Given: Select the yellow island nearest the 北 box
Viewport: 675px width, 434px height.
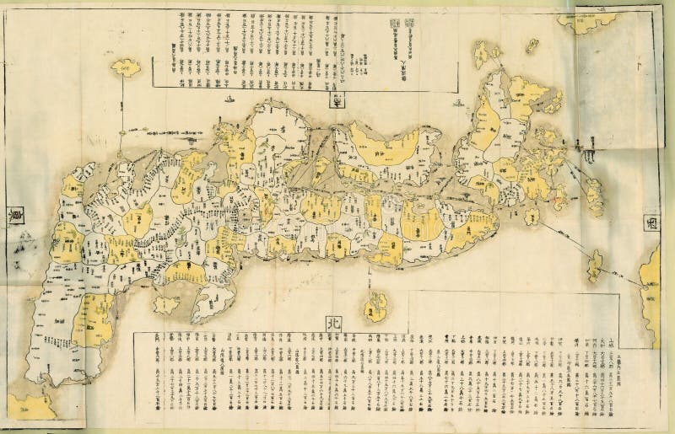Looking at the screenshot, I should (375, 307).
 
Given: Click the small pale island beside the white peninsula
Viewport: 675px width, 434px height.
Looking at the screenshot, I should (165, 303).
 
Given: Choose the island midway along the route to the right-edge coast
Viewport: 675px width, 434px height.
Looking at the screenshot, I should (595, 265).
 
